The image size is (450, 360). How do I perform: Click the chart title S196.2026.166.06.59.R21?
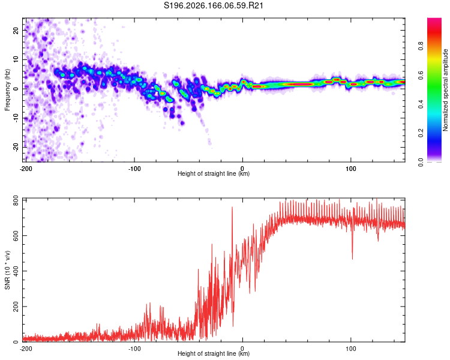pyautogui.click(x=213, y=5)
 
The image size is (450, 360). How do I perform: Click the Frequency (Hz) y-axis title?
pyautogui.click(x=7, y=90)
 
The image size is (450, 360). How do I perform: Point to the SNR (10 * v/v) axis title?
pyautogui.click(x=7, y=270)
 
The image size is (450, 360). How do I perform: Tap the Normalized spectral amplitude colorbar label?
pyautogui.click(x=445, y=90)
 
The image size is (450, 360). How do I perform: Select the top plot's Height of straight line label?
pyautogui.click(x=214, y=173)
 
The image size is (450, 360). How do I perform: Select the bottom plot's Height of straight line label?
pyautogui.click(x=214, y=353)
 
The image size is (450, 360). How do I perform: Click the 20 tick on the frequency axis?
pyautogui.click(x=16, y=30)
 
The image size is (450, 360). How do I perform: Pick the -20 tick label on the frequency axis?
pyautogui.click(x=16, y=147)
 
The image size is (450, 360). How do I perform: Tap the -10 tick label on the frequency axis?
pyautogui.click(x=16, y=118)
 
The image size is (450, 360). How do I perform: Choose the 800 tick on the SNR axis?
pyautogui.click(x=16, y=200)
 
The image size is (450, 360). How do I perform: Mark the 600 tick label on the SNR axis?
pyautogui.click(x=16, y=235)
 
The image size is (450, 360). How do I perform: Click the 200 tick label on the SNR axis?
pyautogui.click(x=16, y=307)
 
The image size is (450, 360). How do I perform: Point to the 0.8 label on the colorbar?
pyautogui.click(x=421, y=46)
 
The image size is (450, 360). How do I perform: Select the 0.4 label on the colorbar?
pyautogui.click(x=421, y=104)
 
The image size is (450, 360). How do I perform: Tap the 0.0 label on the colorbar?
pyautogui.click(x=421, y=163)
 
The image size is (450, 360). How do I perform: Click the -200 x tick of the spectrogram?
pyautogui.click(x=26, y=169)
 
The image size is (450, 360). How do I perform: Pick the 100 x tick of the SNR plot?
pyautogui.click(x=351, y=349)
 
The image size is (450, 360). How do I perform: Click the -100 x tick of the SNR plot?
pyautogui.click(x=134, y=349)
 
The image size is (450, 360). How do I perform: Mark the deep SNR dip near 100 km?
pyautogui.click(x=352, y=253)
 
